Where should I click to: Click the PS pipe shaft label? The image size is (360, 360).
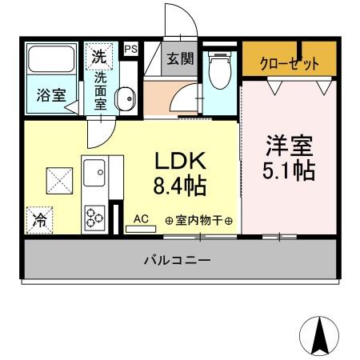130,50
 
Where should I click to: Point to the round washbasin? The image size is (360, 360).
126,100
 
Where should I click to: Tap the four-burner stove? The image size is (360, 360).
95,215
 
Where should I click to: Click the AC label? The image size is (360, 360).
141,218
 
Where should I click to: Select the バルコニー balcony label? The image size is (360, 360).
178,260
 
